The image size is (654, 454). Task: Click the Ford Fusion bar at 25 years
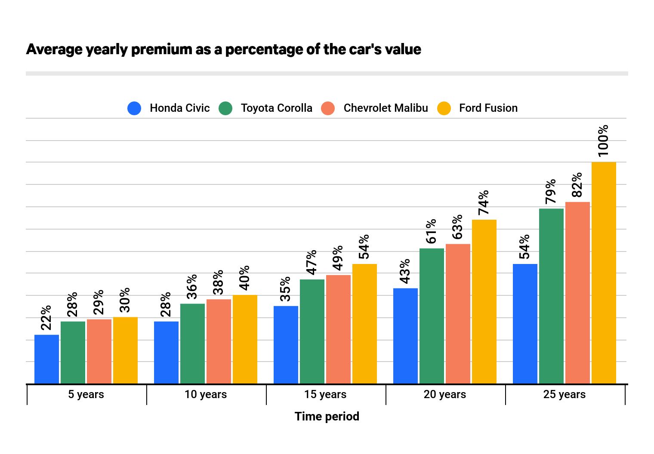pos(604,273)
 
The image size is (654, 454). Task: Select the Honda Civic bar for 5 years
pos(46,359)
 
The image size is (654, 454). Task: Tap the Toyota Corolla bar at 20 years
pos(432,316)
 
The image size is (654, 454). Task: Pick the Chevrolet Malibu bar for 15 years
pos(338,329)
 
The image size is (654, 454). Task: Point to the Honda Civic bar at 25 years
pos(525,324)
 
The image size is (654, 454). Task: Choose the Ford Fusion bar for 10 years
pos(245,339)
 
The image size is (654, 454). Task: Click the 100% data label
pos(603,140)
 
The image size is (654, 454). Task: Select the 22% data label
pos(46,317)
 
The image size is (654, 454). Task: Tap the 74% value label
pos(484,202)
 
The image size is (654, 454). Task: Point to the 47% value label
pos(312,262)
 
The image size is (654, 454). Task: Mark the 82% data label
pos(577,184)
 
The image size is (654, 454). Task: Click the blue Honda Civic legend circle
pos(134,108)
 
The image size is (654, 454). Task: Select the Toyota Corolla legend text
pos(276,108)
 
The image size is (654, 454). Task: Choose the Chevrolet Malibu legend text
pos(386,108)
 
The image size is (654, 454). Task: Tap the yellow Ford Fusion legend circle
pos(444,108)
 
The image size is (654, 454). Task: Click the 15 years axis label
pos(325,394)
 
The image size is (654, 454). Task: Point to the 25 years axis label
pos(564,394)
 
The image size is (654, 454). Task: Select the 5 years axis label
pos(86,394)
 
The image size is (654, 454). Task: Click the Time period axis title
pos(327,416)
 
